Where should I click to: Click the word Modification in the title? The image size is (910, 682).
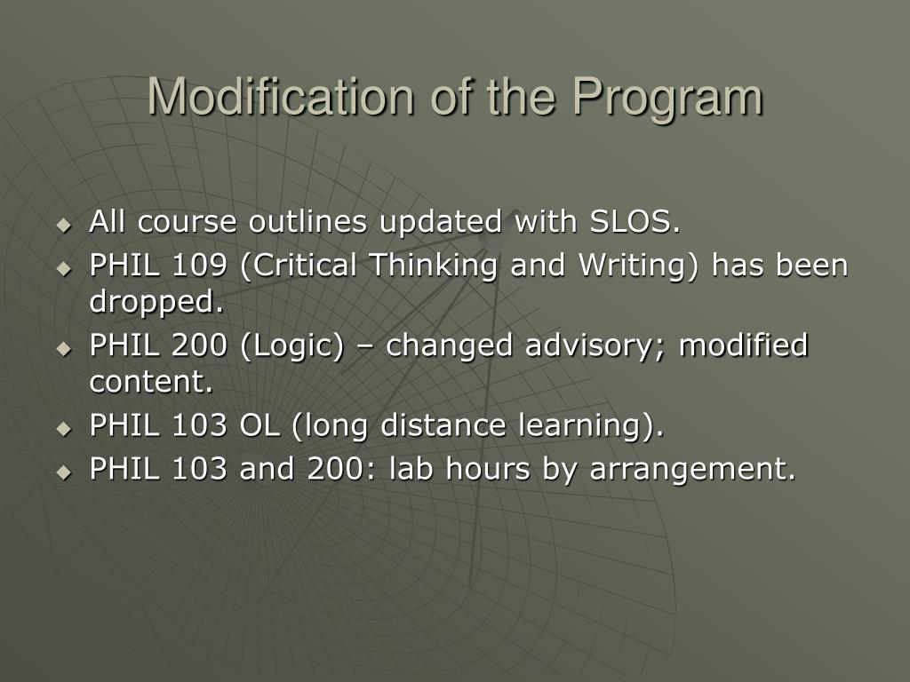[281, 96]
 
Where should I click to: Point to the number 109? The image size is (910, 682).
[199, 266]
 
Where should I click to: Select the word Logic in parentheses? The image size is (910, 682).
[291, 346]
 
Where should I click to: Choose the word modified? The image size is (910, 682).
[744, 345]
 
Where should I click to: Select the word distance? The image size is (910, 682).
[443, 425]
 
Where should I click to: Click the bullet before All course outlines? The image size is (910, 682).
[64, 225]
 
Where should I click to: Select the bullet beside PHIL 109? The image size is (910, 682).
[64, 269]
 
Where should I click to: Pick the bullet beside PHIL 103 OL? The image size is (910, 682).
[64, 429]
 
